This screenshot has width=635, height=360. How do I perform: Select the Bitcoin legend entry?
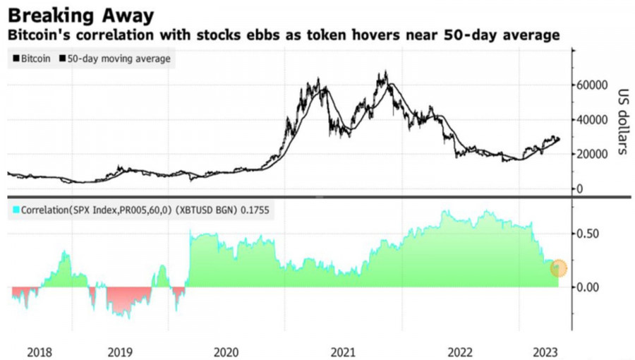[x=32, y=59]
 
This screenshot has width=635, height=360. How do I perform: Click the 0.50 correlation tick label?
[x=589, y=234]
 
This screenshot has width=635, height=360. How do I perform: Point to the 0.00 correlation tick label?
[x=589, y=287]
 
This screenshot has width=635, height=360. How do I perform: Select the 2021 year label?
[x=343, y=351]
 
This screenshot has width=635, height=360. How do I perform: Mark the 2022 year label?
[x=460, y=351]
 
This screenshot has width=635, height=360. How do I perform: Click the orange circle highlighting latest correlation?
[x=559, y=268]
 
